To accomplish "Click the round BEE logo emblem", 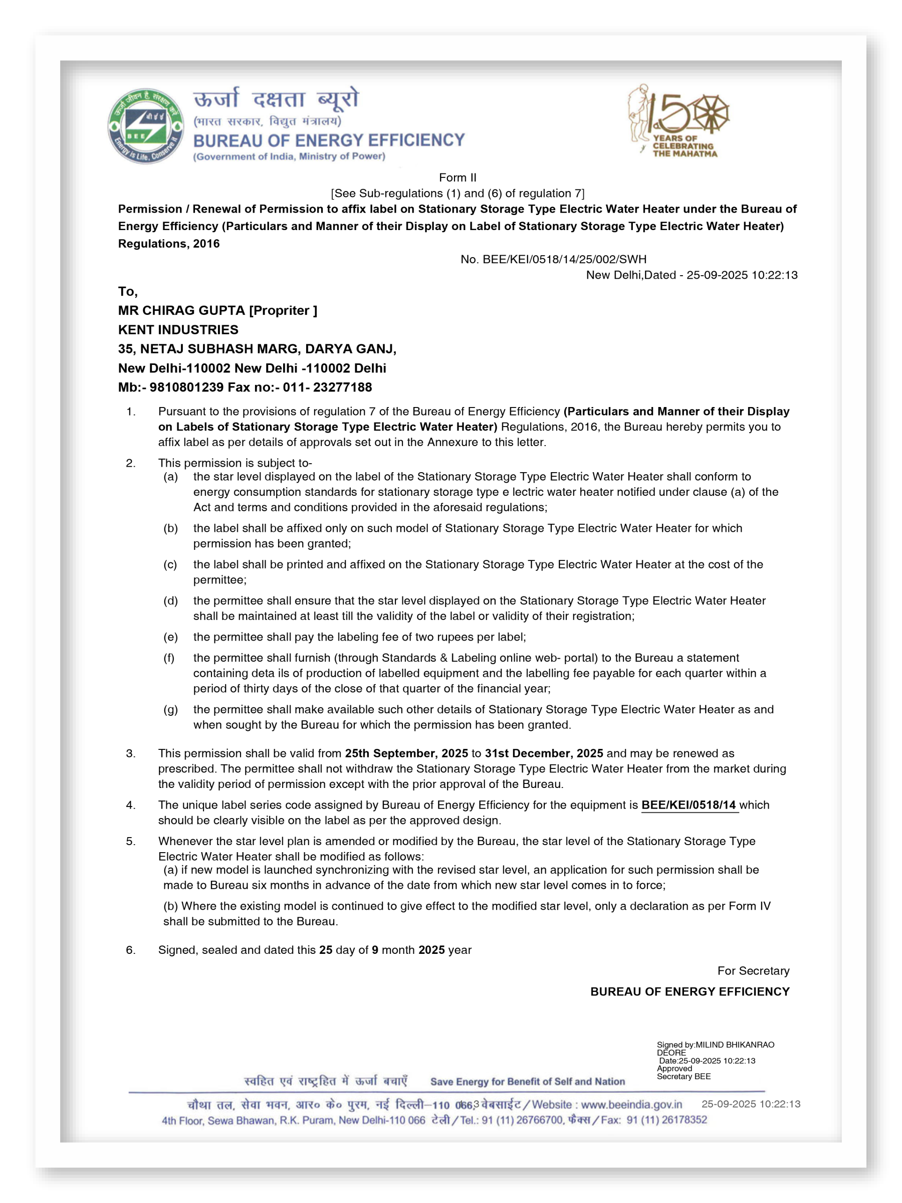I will [145, 126].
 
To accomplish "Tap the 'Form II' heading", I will [457, 177].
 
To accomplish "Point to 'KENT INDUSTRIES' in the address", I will [178, 330].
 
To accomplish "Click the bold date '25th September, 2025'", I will [406, 753].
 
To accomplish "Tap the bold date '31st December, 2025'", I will [544, 753].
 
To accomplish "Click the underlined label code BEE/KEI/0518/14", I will [689, 805].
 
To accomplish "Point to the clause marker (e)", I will [170, 637].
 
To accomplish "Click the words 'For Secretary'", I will [753, 971].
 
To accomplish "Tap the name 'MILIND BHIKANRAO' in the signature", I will [735, 1045].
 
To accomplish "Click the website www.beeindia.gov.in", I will [631, 1105].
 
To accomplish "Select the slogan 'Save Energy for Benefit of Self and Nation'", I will [527, 1082].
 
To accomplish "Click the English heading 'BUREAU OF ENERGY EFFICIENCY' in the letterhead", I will [329, 140].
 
